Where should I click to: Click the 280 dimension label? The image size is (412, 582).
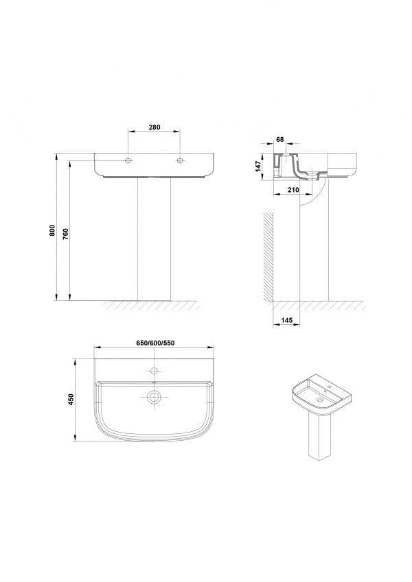[154, 127]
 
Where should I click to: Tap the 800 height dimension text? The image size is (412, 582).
[52, 230]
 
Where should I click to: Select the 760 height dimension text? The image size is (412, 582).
[66, 234]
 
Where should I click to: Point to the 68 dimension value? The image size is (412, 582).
[280, 140]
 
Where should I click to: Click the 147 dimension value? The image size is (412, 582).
[258, 167]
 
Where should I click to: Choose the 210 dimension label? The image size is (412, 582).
[293, 190]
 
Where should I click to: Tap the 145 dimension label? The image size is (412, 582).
[287, 320]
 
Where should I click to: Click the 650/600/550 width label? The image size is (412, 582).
[155, 343]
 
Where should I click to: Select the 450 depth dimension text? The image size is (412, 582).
[72, 400]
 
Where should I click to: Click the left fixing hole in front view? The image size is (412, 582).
[128, 160]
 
